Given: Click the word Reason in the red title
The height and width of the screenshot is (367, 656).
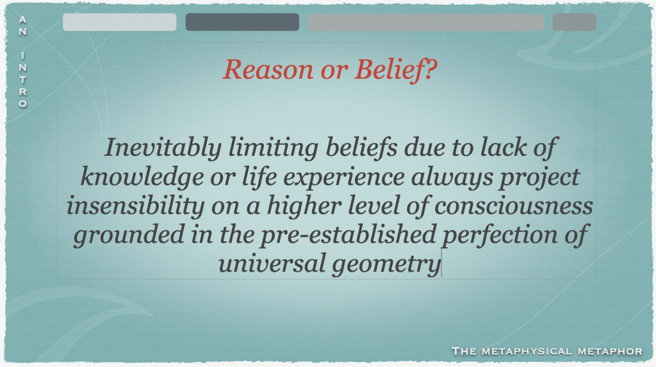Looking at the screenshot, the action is pyautogui.click(x=268, y=69).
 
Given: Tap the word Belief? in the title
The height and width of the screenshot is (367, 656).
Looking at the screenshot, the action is pyautogui.click(x=396, y=69).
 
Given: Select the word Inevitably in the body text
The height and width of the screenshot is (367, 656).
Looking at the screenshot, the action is pyautogui.click(x=163, y=148).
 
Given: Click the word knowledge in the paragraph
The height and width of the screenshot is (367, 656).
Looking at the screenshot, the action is pyautogui.click(x=142, y=177).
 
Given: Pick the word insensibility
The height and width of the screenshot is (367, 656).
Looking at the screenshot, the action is pyautogui.click(x=136, y=206).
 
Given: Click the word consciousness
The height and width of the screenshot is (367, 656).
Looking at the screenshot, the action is pyautogui.click(x=514, y=206).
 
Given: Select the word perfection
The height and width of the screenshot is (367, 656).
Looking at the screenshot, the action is pyautogui.click(x=500, y=235).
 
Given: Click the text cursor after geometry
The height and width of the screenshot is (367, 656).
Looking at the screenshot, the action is pyautogui.click(x=442, y=262).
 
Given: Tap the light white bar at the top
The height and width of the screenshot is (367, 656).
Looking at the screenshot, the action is pyautogui.click(x=120, y=22).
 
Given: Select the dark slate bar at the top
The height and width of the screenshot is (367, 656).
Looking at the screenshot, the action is pyautogui.click(x=242, y=22).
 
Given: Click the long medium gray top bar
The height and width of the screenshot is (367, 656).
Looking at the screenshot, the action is pyautogui.click(x=426, y=22).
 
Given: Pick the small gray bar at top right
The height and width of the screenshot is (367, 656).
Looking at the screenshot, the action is pyautogui.click(x=575, y=22).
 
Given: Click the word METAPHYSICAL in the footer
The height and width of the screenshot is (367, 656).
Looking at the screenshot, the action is pyautogui.click(x=527, y=351).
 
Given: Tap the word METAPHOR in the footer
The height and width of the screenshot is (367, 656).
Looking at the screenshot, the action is pyautogui.click(x=610, y=351).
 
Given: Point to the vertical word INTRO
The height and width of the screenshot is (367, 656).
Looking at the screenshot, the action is pyautogui.click(x=23, y=80).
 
